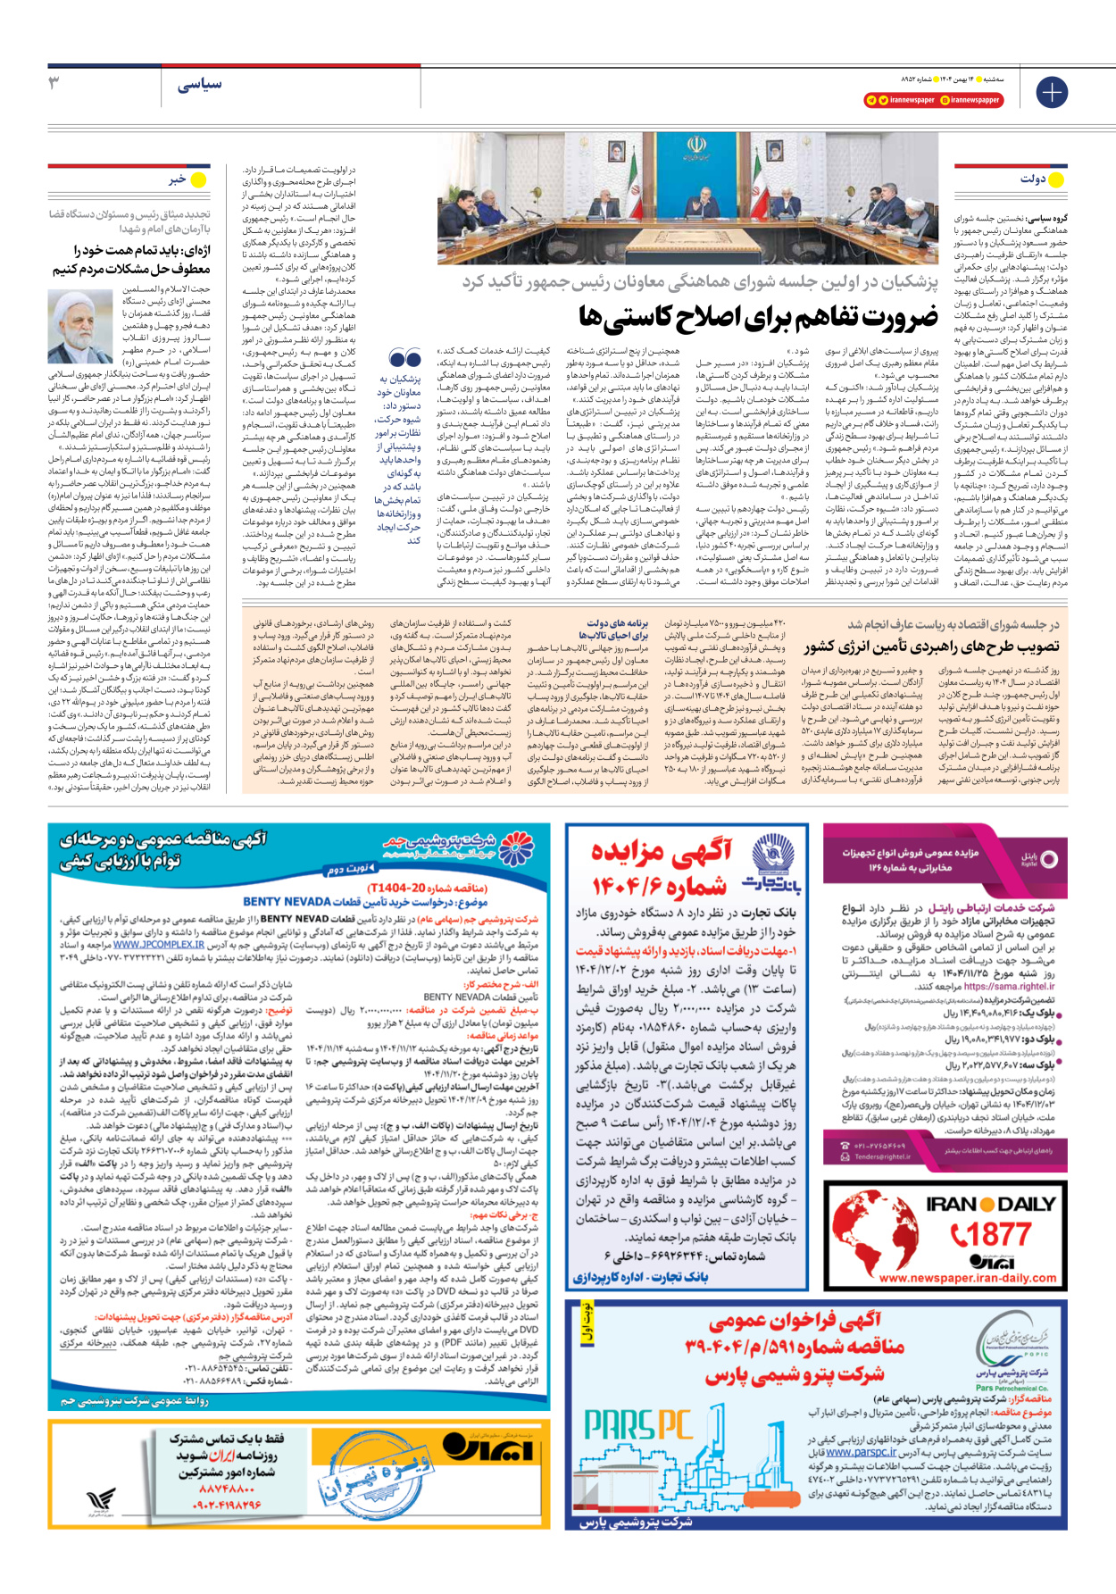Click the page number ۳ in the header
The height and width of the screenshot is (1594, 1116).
click(x=54, y=83)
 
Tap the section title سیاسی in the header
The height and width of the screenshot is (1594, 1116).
click(x=199, y=85)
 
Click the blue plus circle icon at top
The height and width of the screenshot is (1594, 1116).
click(x=1051, y=92)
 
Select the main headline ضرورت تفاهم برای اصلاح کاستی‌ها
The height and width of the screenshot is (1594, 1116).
click(x=758, y=317)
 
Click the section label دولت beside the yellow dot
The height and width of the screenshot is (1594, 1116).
click(x=1033, y=179)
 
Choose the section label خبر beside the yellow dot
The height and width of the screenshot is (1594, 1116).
click(x=177, y=179)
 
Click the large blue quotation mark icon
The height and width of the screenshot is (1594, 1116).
click(x=405, y=359)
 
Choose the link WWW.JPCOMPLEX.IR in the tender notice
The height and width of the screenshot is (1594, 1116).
click(x=159, y=944)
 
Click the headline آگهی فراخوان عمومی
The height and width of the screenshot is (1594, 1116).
click(x=795, y=1321)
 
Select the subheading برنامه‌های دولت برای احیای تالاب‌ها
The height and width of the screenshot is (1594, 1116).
click(x=618, y=629)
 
